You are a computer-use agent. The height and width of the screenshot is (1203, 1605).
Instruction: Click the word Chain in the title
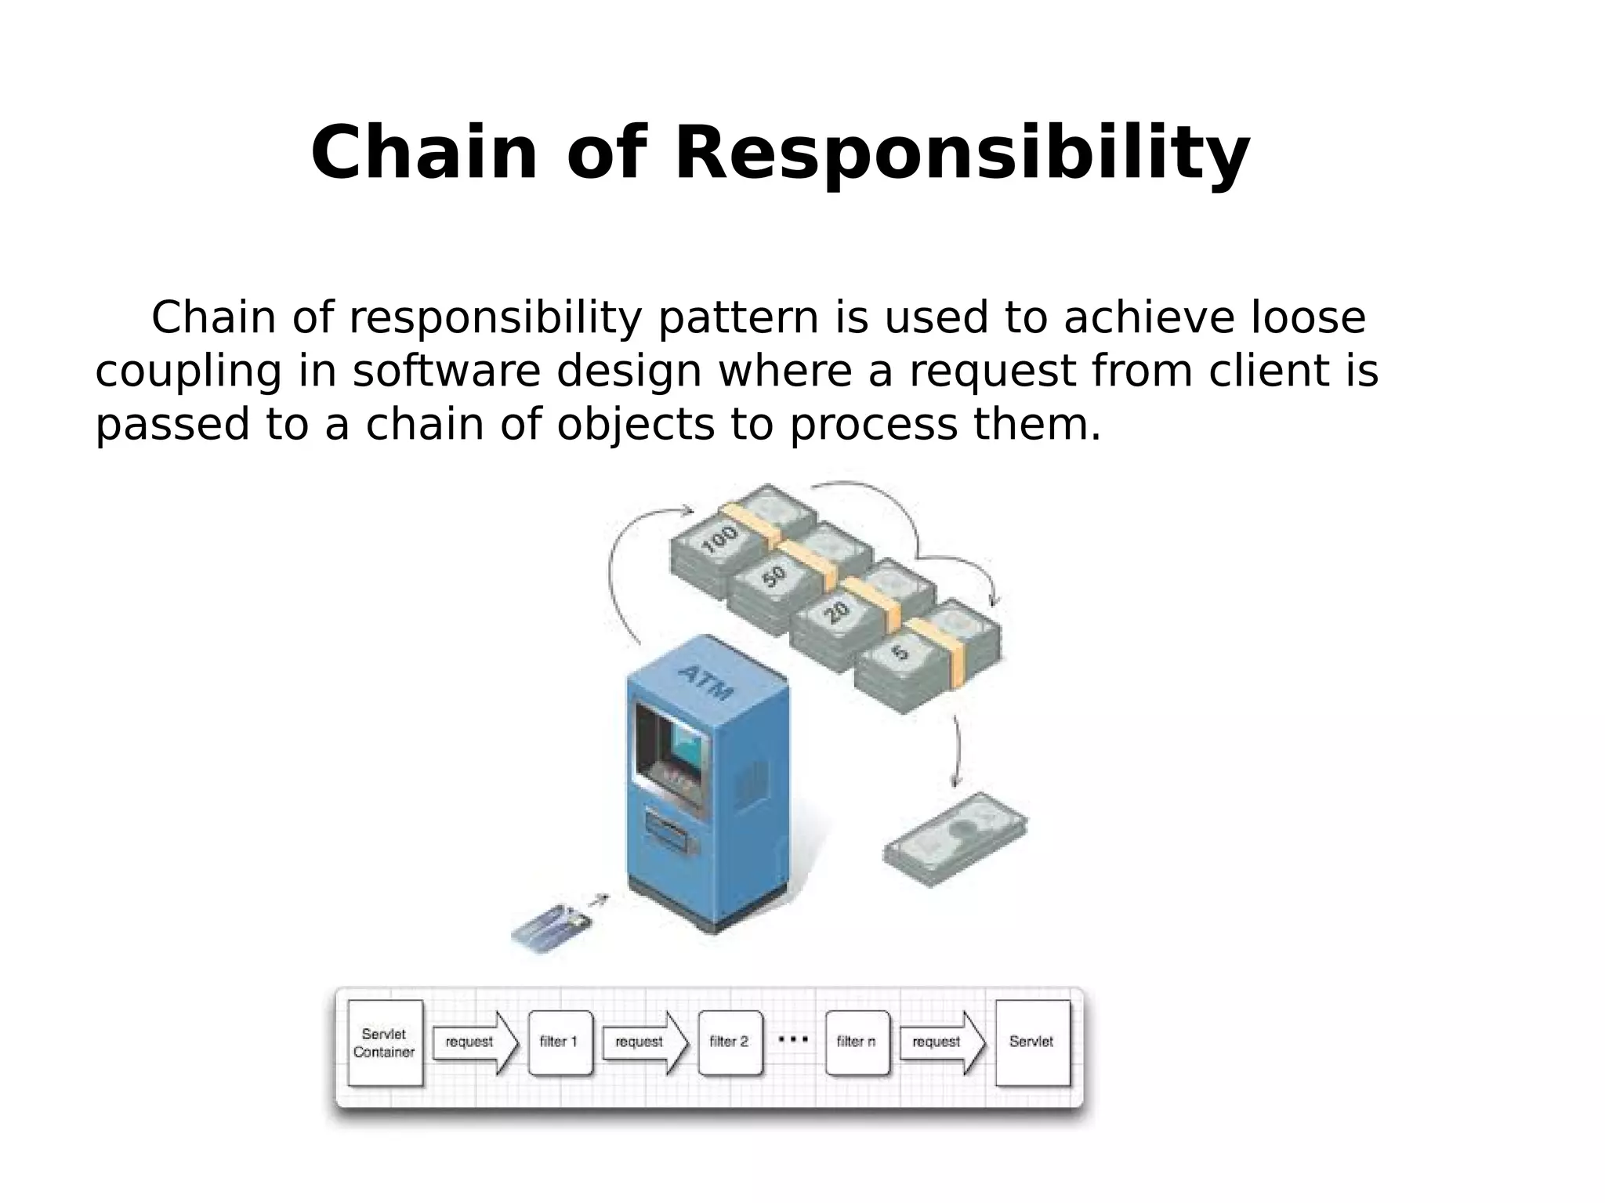coord(424,154)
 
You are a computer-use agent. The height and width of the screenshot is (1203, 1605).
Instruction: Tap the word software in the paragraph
coord(446,371)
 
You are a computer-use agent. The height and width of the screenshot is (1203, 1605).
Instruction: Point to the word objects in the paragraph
coord(636,425)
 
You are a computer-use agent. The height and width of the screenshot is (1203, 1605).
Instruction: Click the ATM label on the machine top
coord(706,681)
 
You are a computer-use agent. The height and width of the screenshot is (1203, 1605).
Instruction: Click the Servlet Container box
coord(384,1042)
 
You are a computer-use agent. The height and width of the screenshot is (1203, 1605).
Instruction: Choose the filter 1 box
coord(560,1042)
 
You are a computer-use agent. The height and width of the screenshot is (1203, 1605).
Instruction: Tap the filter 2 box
coord(730,1042)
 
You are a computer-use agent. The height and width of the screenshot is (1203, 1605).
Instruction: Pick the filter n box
coord(857,1042)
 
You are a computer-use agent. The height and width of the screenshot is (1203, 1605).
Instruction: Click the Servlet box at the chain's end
coord(1032,1042)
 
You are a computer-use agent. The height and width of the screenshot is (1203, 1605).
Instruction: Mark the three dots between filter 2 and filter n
coord(793,1040)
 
